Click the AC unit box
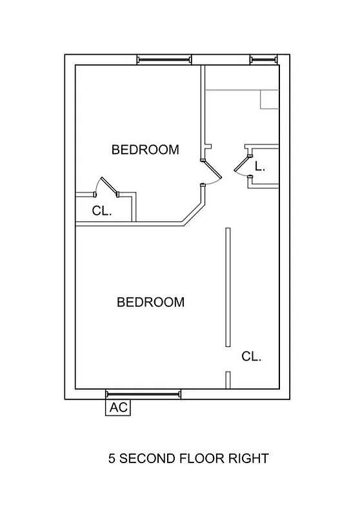117,408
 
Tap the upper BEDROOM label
145,150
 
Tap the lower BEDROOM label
150,302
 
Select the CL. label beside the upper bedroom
102,210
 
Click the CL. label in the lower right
251,356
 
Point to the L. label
259,166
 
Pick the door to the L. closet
241,165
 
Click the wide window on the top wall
165,60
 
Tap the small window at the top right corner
263,60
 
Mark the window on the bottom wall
143,393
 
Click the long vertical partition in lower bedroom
227,288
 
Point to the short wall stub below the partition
228,380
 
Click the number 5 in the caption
112,459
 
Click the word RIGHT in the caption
247,459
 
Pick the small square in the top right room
268,99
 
